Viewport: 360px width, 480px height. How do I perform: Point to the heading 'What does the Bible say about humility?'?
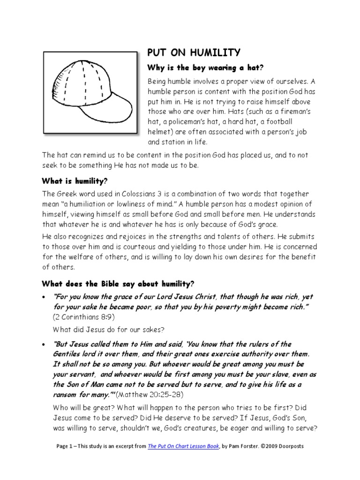[x=118, y=284]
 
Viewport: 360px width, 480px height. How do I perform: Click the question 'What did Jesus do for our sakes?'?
[x=108, y=329]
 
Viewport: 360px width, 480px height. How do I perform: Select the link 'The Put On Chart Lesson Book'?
[x=183, y=446]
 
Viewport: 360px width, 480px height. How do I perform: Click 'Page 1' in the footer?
[x=65, y=446]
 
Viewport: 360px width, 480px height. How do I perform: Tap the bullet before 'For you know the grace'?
[x=44, y=297]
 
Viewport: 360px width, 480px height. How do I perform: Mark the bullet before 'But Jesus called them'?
[x=44, y=345]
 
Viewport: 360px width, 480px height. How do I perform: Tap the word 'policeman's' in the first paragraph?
[x=189, y=121]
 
